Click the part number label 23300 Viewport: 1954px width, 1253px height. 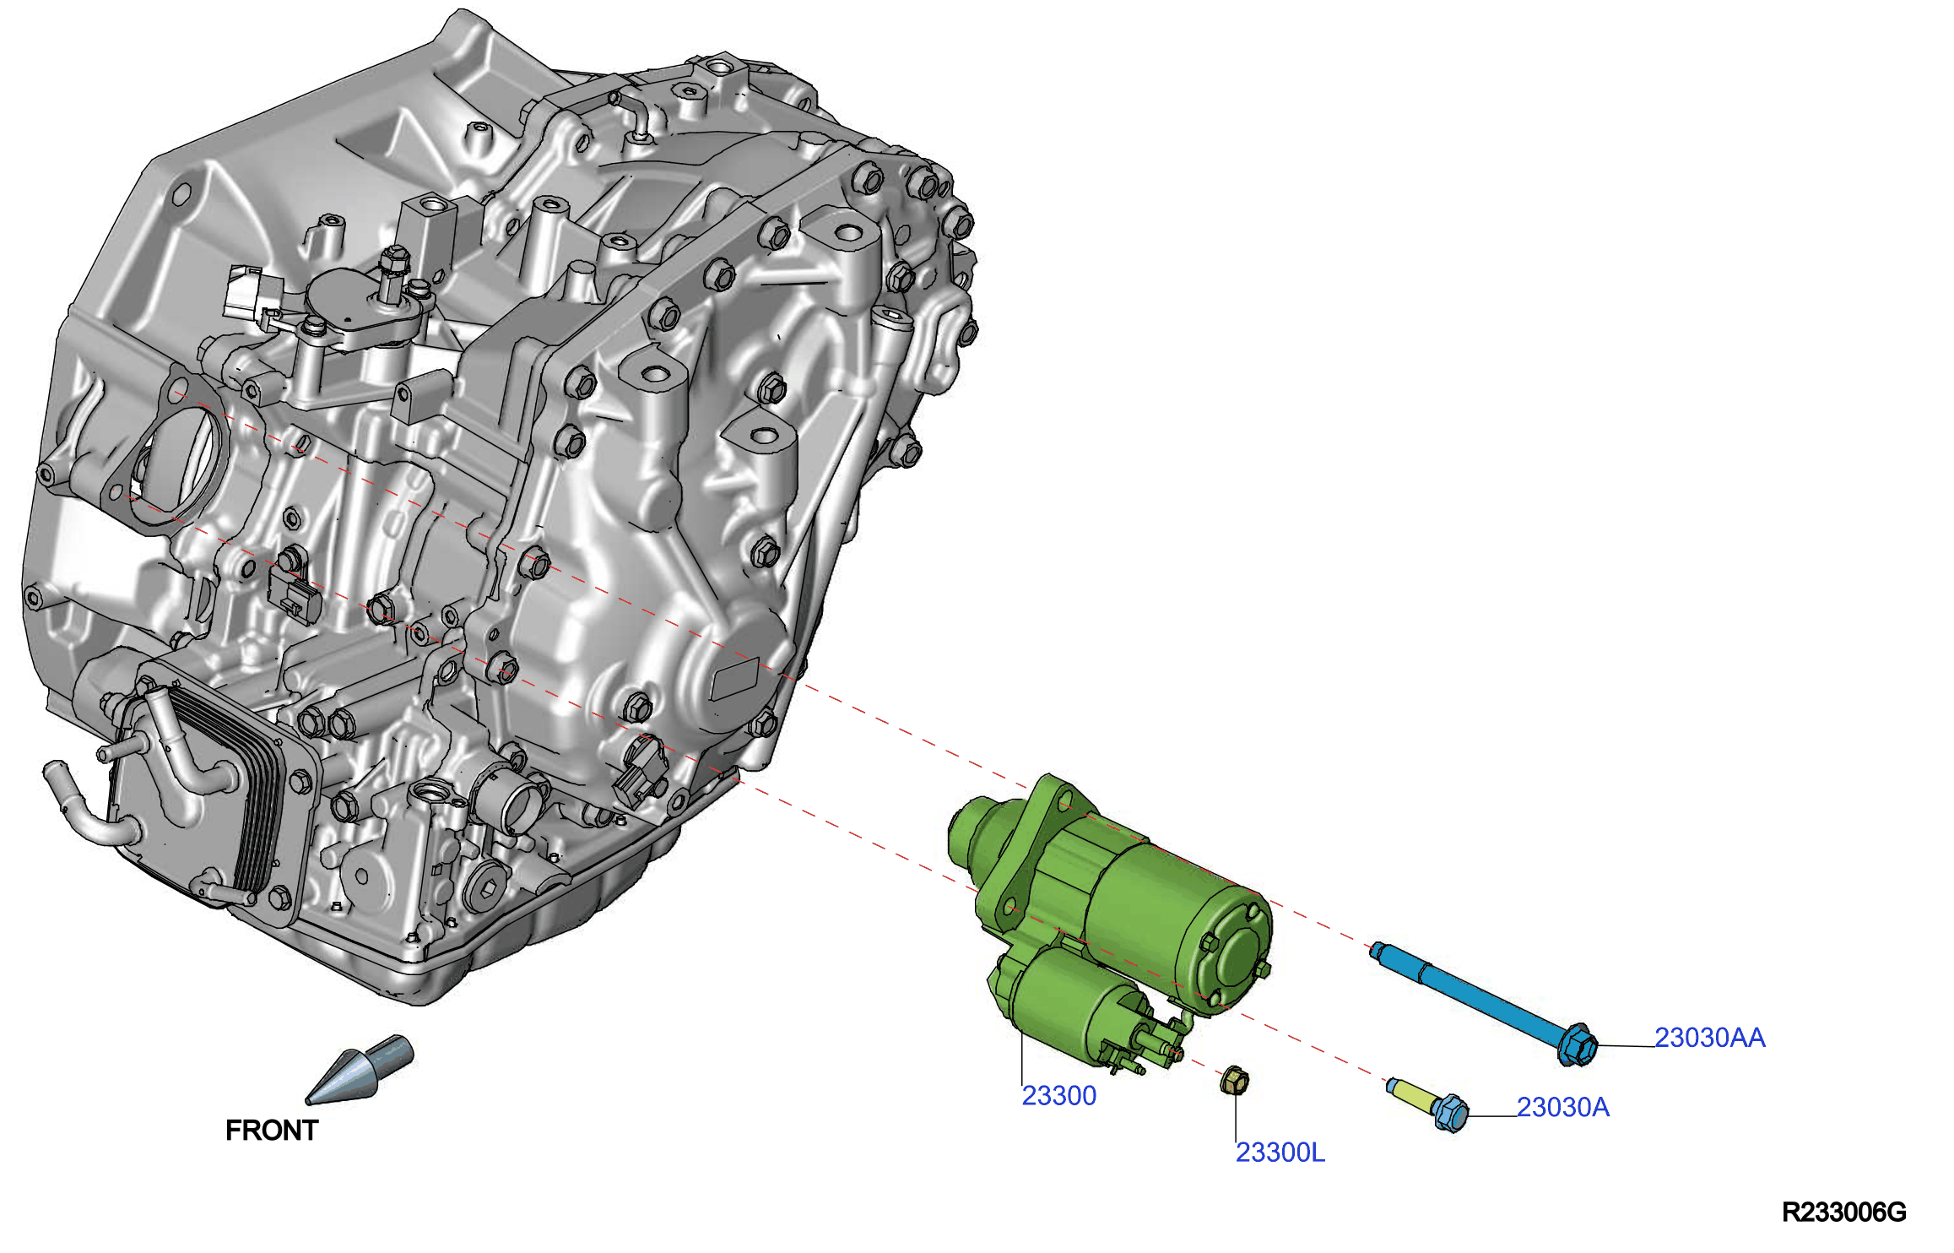1058,1095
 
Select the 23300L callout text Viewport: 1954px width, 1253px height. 1280,1152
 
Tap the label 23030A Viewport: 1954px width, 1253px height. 1562,1106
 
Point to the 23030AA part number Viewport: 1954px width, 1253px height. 1709,1037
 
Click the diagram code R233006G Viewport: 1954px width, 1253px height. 1843,1212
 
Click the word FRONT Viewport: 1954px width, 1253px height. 271,1130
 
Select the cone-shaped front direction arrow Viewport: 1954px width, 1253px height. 360,1070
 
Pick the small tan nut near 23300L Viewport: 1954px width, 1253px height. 1234,1081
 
